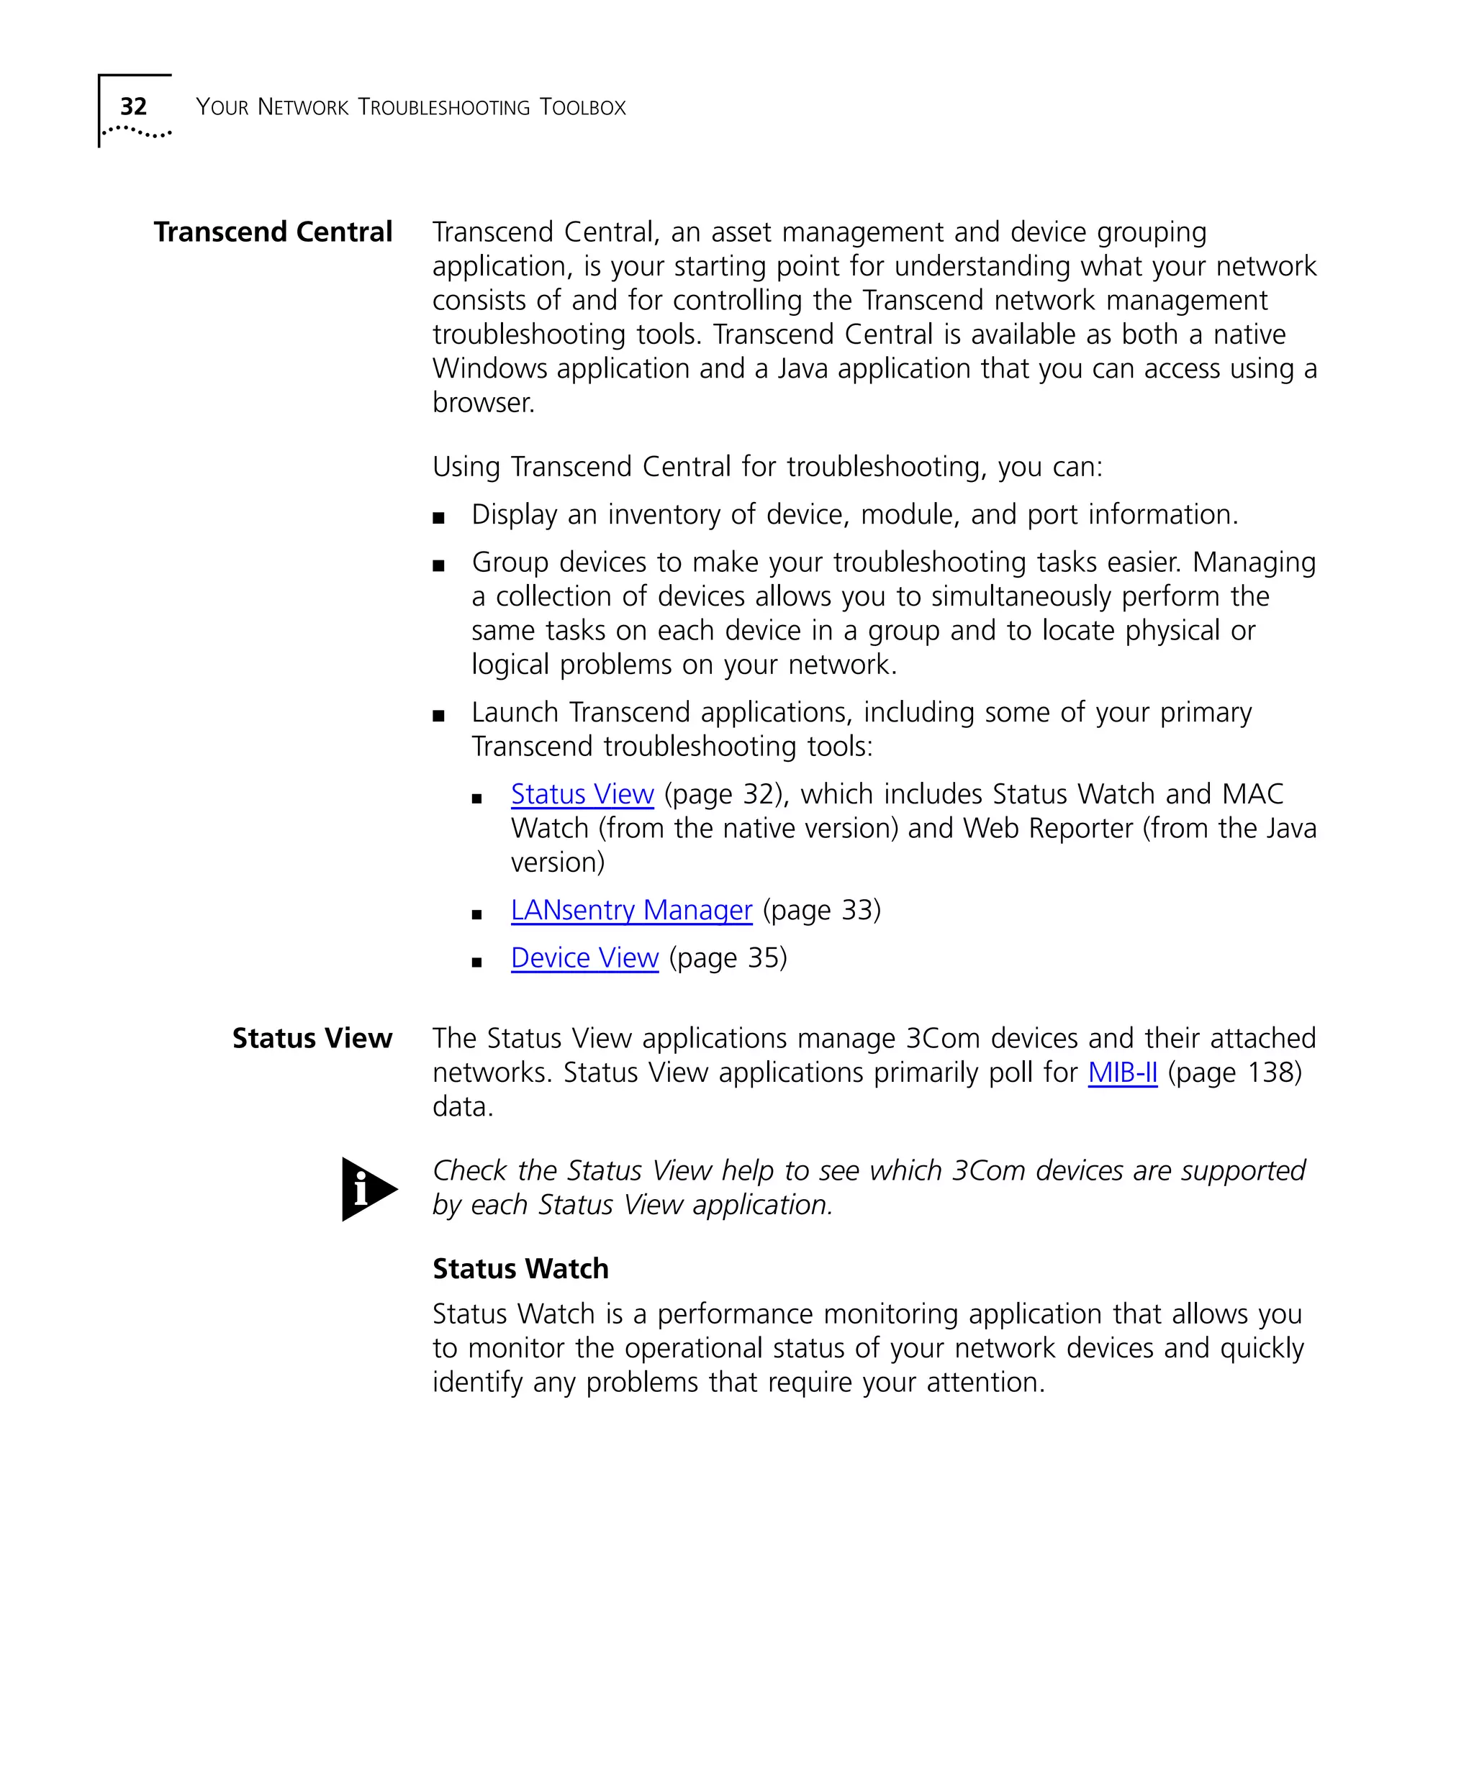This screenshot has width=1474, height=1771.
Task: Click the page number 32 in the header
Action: pos(133,106)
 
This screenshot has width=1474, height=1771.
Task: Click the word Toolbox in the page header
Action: pos(583,107)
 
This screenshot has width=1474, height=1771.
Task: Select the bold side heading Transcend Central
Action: pos(273,232)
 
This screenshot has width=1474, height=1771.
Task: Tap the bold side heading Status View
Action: pos(312,1038)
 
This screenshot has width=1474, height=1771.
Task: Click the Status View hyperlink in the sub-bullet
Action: pos(582,794)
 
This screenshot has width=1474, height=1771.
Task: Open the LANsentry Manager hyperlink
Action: pos(631,910)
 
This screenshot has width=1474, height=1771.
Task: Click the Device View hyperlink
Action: pos(584,958)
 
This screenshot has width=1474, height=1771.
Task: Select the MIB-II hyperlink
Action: pos(1122,1073)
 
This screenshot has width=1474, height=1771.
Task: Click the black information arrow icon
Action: pos(368,1189)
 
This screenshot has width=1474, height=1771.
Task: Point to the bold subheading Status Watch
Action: pos(520,1269)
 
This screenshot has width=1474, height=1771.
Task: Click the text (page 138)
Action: pos(1234,1073)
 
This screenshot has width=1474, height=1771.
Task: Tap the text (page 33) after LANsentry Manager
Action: pos(822,910)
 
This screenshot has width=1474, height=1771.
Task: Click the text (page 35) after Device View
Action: pos(728,958)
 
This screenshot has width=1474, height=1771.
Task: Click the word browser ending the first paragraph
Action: pos(483,403)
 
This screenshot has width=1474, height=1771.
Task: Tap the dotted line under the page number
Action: pos(137,132)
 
